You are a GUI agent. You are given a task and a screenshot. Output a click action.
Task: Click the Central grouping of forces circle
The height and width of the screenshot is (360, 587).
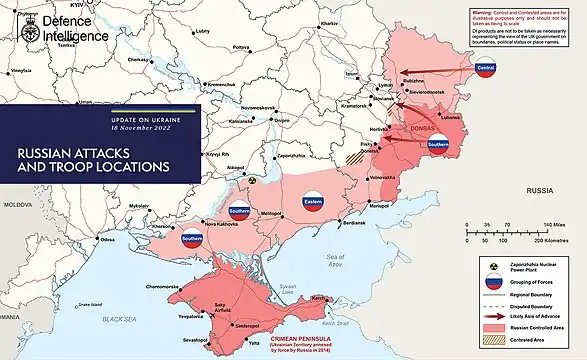point(486,69)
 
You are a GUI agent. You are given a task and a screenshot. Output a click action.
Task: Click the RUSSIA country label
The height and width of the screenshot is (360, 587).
point(540,189)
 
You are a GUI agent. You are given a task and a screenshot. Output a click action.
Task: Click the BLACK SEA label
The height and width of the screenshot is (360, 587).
point(123,319)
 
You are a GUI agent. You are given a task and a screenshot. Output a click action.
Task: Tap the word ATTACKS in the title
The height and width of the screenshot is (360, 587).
point(113,153)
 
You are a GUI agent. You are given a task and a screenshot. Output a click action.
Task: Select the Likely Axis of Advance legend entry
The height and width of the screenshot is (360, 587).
point(525,315)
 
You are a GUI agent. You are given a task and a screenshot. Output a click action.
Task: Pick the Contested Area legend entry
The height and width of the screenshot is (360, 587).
point(517,341)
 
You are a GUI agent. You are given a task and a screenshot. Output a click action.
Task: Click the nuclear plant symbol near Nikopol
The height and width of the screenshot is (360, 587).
point(254,181)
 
